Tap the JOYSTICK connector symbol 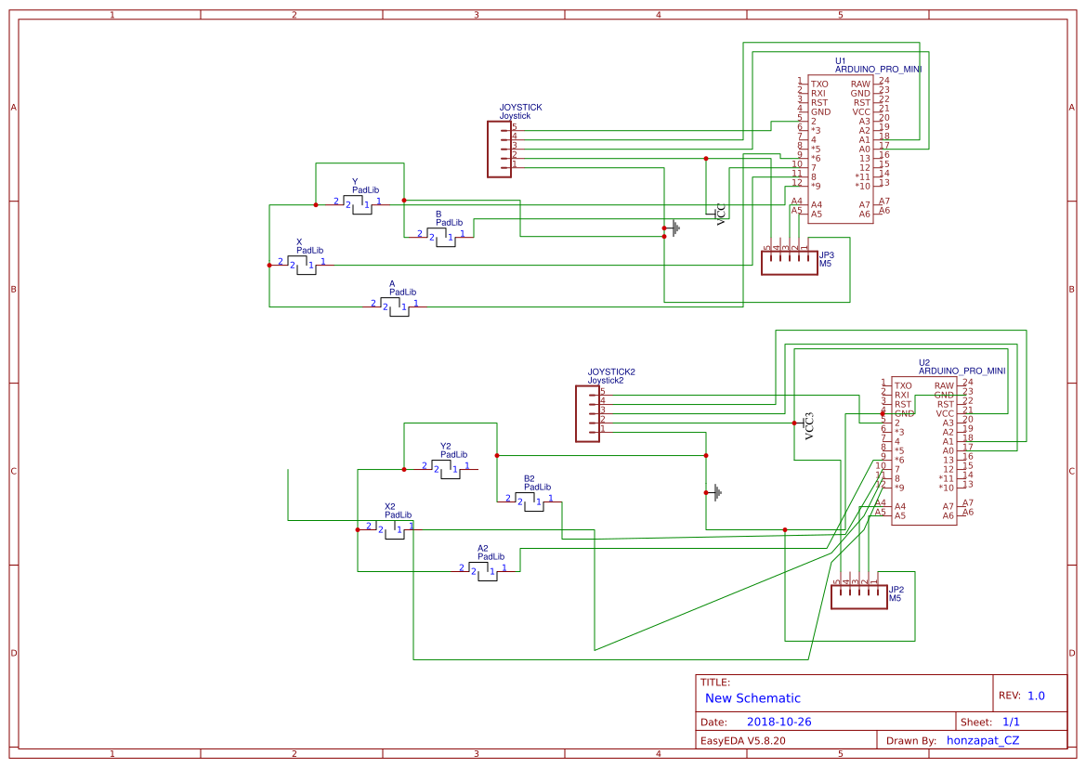click(500, 149)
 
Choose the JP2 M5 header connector click(857, 596)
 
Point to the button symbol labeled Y click(358, 203)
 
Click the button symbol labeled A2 click(483, 570)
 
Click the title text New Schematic click(752, 698)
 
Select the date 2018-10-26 click(779, 722)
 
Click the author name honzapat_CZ click(982, 740)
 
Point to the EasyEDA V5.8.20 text click(742, 740)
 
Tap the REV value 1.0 click(1036, 696)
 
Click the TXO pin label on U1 click(818, 85)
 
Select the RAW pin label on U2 click(944, 385)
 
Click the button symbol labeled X click(302, 265)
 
